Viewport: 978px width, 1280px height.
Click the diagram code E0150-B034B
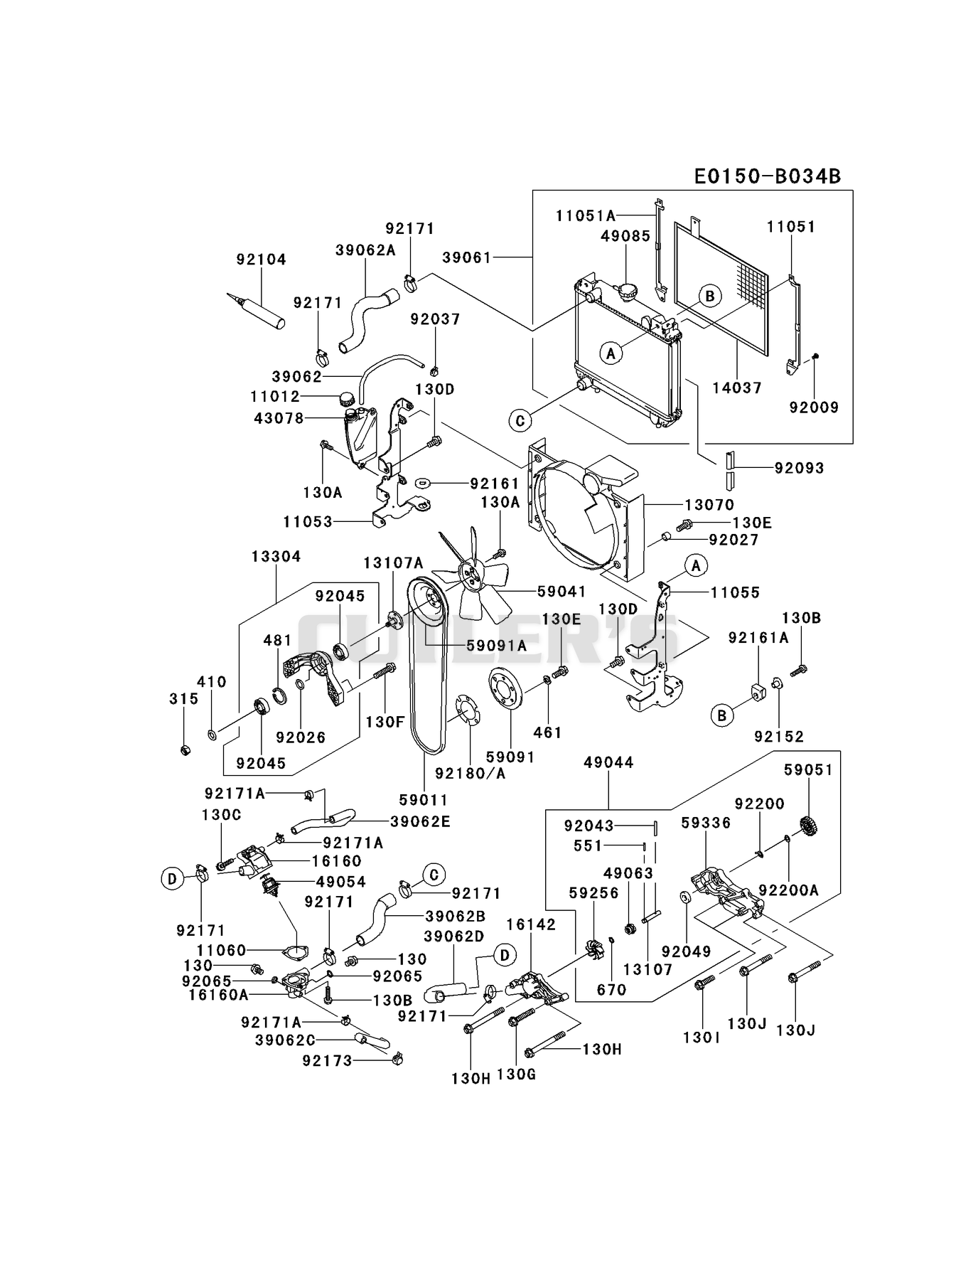768,176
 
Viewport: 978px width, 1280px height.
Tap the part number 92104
262,260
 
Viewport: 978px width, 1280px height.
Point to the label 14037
737,388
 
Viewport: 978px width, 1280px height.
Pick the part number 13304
276,556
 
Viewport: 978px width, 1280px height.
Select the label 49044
608,762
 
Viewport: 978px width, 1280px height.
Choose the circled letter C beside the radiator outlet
520,421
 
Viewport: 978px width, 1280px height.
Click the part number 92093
800,468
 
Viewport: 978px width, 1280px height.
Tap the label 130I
702,1038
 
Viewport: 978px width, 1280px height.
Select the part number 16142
532,924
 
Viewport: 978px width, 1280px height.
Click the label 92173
327,1061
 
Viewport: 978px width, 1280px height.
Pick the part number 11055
735,592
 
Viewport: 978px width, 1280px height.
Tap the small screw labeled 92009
817,355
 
